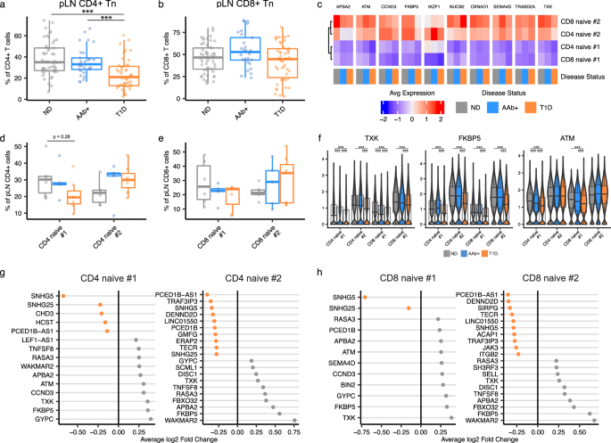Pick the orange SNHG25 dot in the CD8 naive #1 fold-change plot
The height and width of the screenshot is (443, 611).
[x=409, y=308]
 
